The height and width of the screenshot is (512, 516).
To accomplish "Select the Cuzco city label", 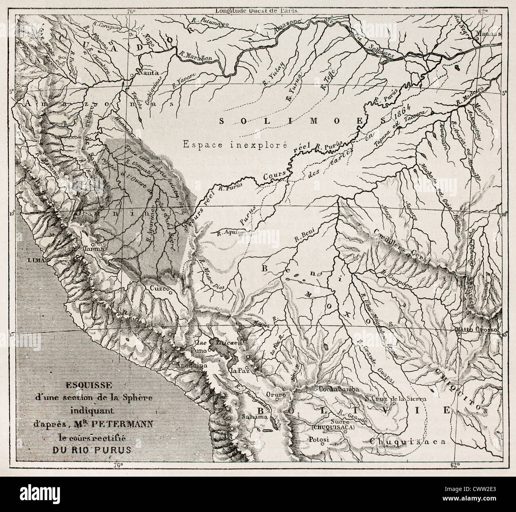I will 159,289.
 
